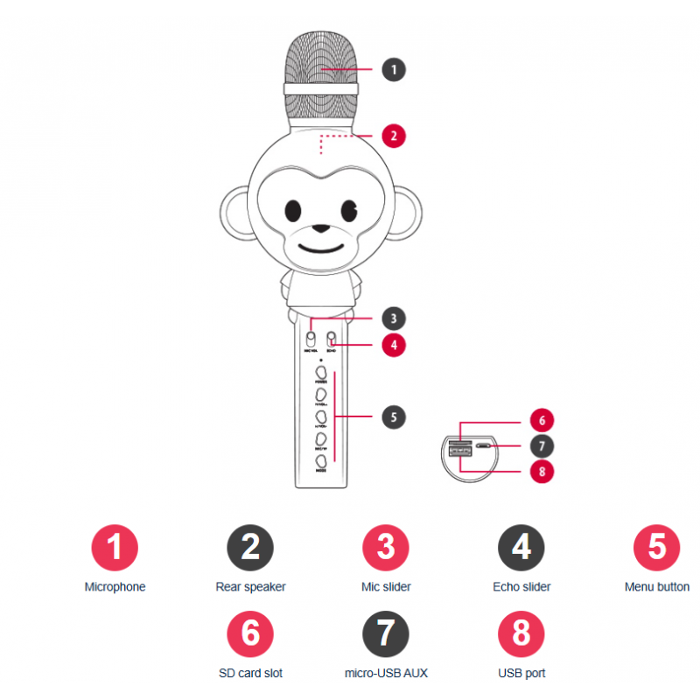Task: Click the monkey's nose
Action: [321, 229]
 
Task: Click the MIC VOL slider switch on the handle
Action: [312, 338]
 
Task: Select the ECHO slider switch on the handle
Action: [332, 338]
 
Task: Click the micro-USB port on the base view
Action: [484, 446]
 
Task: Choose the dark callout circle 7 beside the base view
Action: [542, 445]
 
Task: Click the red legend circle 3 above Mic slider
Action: [386, 548]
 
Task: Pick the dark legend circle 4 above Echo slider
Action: [521, 548]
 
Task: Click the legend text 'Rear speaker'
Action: [250, 587]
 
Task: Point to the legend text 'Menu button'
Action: [656, 587]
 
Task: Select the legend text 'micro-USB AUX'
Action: [386, 673]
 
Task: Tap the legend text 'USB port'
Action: [521, 673]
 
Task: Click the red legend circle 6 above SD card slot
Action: [250, 633]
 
